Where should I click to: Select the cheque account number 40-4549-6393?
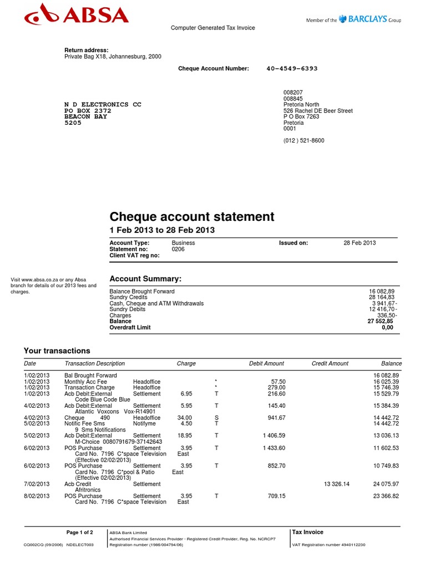(292, 69)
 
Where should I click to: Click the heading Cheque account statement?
(192, 216)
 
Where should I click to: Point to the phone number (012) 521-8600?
(303, 140)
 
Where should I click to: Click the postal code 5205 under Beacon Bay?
(73, 123)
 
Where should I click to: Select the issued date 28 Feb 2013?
(359, 243)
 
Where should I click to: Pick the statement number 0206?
(178, 249)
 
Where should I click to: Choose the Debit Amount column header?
(266, 363)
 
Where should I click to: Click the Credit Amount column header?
(330, 363)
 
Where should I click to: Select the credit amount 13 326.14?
(337, 484)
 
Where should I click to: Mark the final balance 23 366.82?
(386, 496)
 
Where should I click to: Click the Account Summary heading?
(145, 278)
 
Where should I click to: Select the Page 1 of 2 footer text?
(80, 532)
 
